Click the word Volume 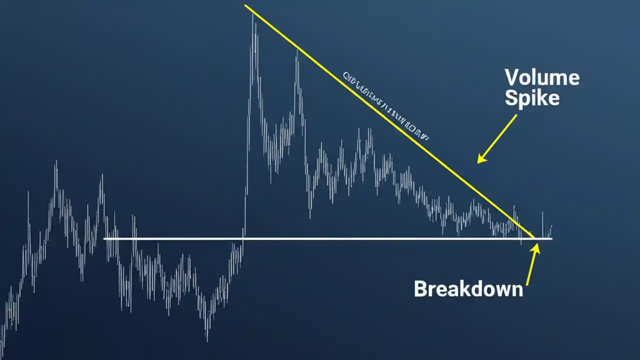[x=542, y=78]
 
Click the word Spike [x=532, y=98]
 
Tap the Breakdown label [x=468, y=289]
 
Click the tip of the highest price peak [x=253, y=15]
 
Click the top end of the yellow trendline [x=245, y=5]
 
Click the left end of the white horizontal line [x=104, y=238]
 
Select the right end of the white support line [x=551, y=238]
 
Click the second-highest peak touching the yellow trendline [x=297, y=50]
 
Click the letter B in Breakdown [x=420, y=289]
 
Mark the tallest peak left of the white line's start [x=55, y=161]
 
